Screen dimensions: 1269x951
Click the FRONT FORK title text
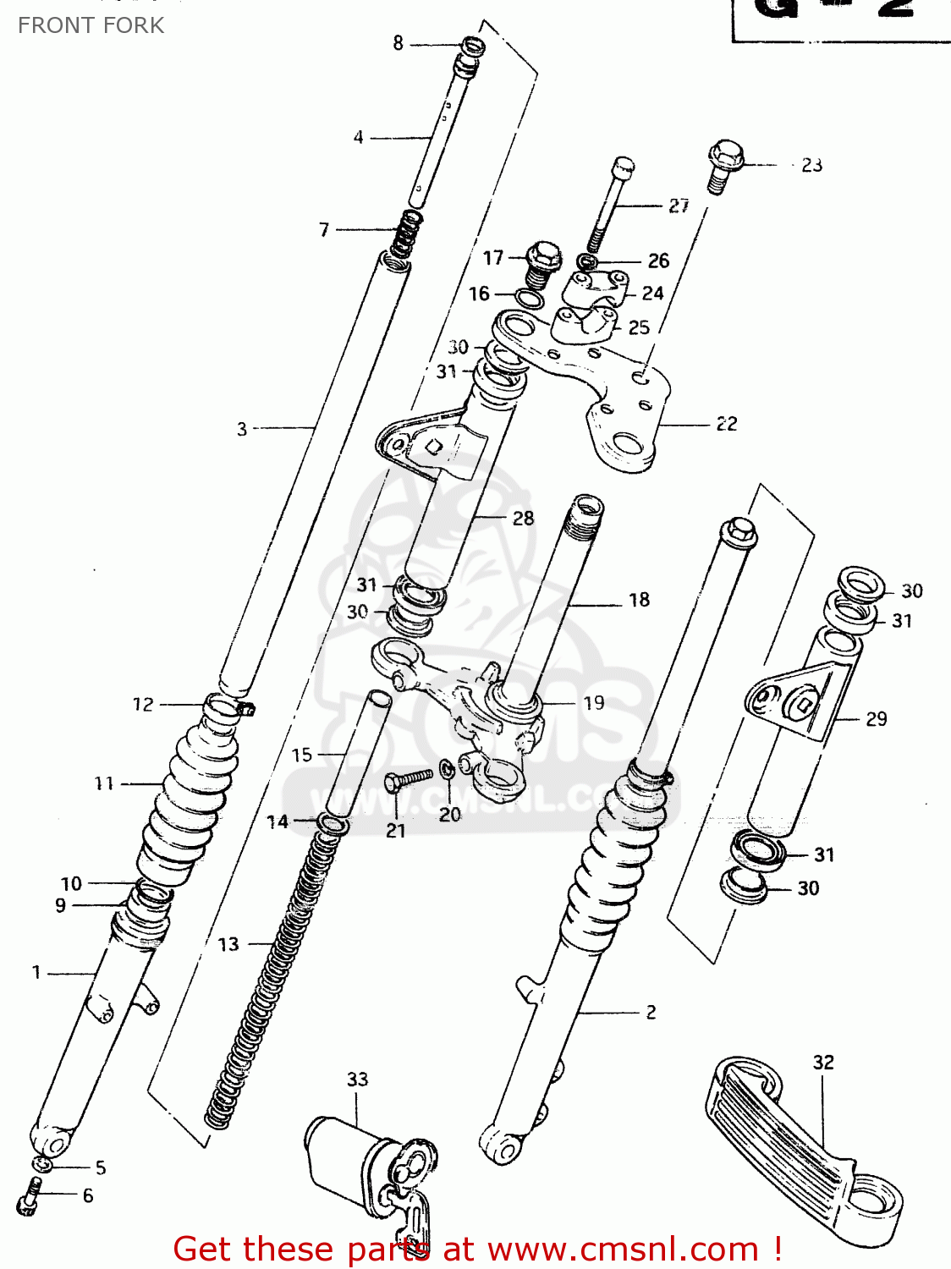[91, 25]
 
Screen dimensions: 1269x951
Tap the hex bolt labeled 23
[723, 164]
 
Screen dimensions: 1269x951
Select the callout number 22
[727, 424]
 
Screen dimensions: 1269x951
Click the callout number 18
[639, 600]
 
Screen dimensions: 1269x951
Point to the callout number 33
[357, 1079]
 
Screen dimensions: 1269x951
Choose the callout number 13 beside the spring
[228, 944]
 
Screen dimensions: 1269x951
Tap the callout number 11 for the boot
[104, 783]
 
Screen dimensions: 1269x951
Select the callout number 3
[242, 429]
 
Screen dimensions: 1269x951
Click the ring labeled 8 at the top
[471, 46]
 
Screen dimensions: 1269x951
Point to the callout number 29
[876, 719]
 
